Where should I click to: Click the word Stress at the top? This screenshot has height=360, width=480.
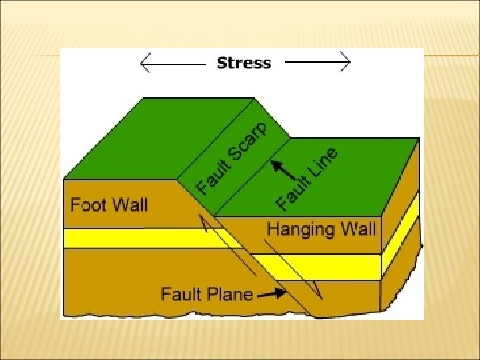click(244, 63)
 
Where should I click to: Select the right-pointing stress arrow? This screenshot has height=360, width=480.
click(317, 63)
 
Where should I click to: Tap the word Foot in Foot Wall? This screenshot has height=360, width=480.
click(87, 204)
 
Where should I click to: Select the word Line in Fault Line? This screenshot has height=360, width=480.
click(323, 165)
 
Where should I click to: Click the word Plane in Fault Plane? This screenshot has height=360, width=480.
click(230, 293)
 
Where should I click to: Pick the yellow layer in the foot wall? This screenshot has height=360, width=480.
click(133, 238)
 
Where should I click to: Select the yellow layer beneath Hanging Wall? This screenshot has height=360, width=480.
click(320, 266)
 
